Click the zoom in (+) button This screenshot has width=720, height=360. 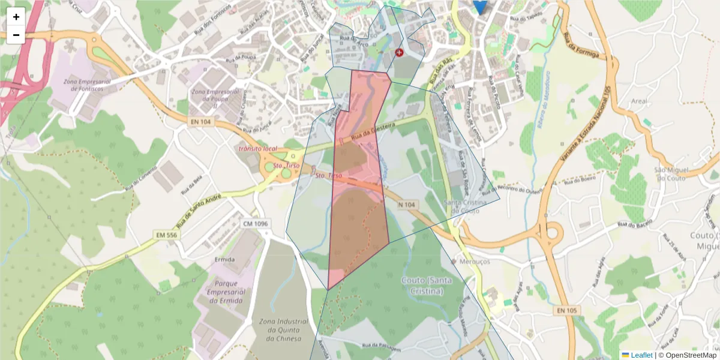[x=16, y=17]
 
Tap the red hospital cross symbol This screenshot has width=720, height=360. [x=400, y=53]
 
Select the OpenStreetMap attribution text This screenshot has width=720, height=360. [x=691, y=355]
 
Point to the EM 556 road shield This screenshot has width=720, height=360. [x=164, y=235]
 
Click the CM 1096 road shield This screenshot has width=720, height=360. [x=255, y=224]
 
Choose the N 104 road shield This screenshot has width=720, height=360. [x=406, y=205]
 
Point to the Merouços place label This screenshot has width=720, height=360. [x=475, y=262]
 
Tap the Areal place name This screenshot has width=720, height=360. [x=639, y=101]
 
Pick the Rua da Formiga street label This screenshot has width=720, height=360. [x=582, y=46]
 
